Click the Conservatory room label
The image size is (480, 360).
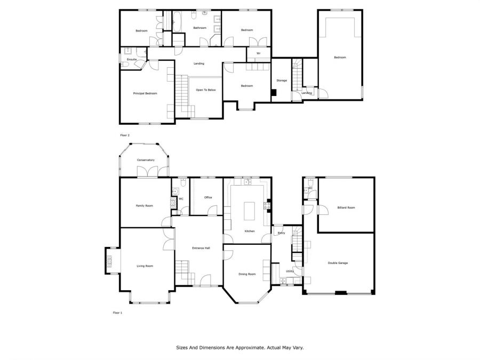[146, 160]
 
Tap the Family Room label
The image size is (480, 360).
[145, 206]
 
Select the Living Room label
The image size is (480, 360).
[145, 266]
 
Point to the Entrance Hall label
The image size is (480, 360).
[201, 248]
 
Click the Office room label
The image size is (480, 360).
[208, 197]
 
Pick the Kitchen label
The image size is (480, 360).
[250, 231]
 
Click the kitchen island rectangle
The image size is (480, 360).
[249, 211]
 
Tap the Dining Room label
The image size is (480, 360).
[247, 274]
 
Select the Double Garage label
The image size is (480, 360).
[338, 263]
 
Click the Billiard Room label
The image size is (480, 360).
[346, 207]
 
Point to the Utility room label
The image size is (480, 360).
[290, 271]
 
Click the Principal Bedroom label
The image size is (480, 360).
[145, 93]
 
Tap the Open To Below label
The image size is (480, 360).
[206, 90]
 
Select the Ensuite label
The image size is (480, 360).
[132, 59]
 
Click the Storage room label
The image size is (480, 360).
[282, 81]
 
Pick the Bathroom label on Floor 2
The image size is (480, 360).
[199, 28]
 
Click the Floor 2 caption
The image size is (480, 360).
[125, 135]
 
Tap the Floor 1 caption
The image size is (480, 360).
[117, 313]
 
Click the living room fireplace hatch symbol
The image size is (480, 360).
[109, 261]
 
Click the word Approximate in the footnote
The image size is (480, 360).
[250, 348]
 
